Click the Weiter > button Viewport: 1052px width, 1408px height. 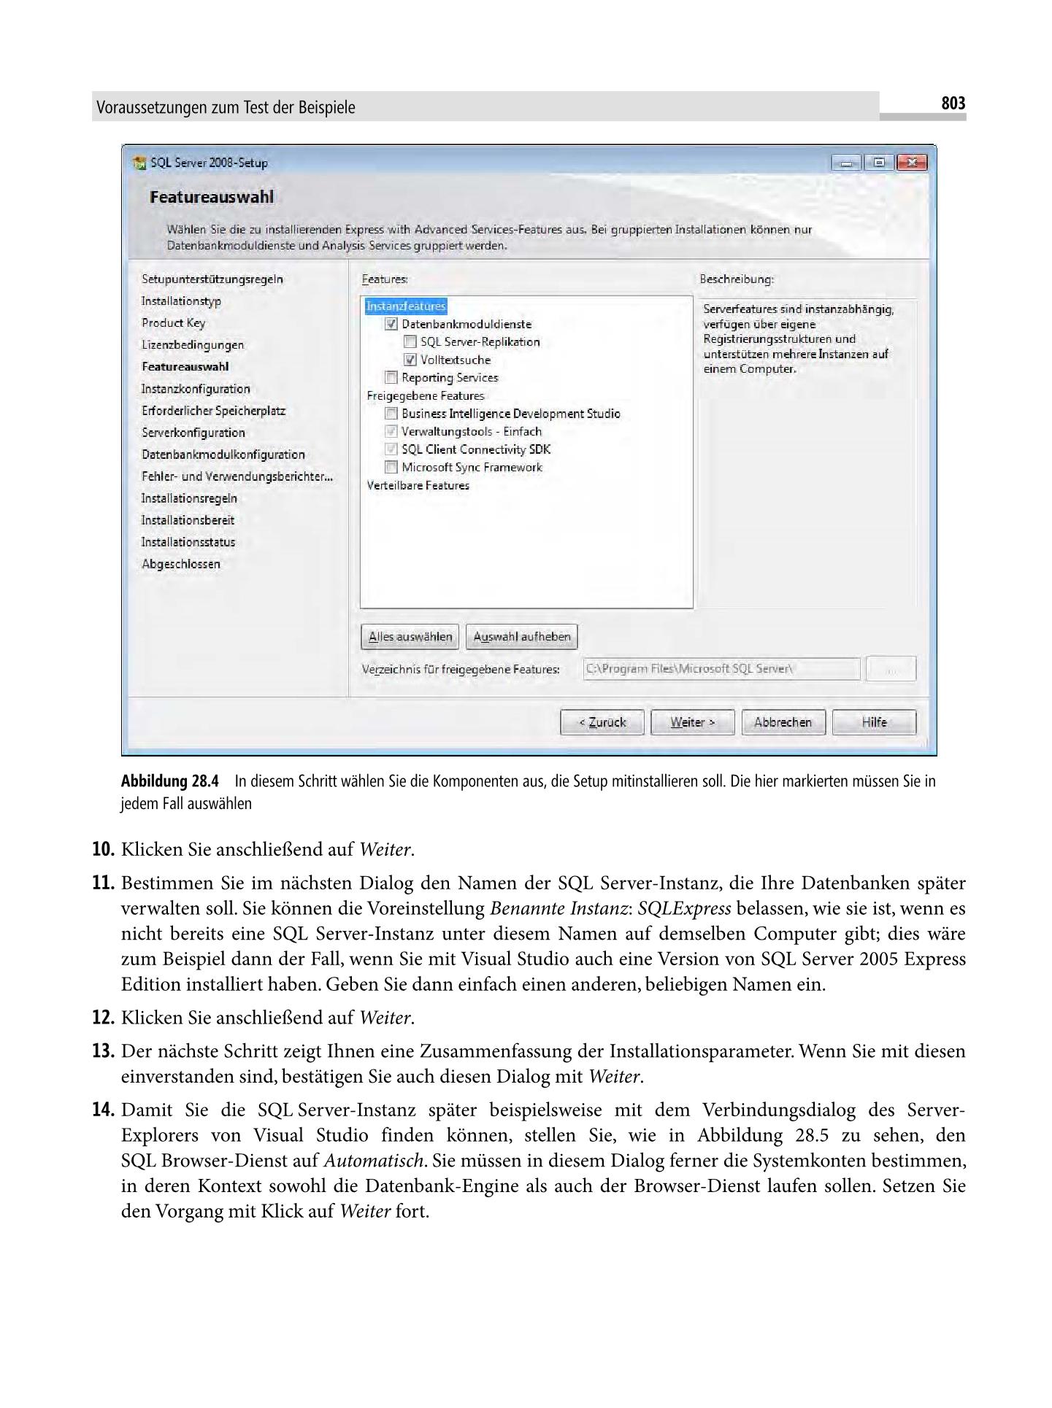[692, 722]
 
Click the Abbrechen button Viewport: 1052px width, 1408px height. [783, 722]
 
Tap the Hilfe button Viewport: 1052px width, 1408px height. [873, 722]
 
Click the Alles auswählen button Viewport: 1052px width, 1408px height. [410, 636]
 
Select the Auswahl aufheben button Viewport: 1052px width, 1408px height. [522, 636]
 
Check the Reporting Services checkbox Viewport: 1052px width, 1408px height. [391, 377]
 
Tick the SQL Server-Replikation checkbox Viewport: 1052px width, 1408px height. [410, 341]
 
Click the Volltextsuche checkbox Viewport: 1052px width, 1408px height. [410, 360]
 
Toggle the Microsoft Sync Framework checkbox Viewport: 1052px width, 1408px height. [391, 467]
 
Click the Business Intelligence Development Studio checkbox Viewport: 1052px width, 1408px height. [391, 413]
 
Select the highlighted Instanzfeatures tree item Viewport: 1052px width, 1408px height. [405, 306]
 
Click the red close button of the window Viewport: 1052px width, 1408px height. [911, 163]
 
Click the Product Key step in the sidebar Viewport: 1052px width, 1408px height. [173, 322]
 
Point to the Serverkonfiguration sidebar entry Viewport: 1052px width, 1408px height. [193, 432]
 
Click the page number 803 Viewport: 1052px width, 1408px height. [953, 104]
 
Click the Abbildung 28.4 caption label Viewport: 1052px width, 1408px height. [169, 781]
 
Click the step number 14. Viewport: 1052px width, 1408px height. [103, 1110]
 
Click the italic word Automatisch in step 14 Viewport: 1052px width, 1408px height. [373, 1161]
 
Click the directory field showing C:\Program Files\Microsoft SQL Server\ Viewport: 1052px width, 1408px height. [721, 668]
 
